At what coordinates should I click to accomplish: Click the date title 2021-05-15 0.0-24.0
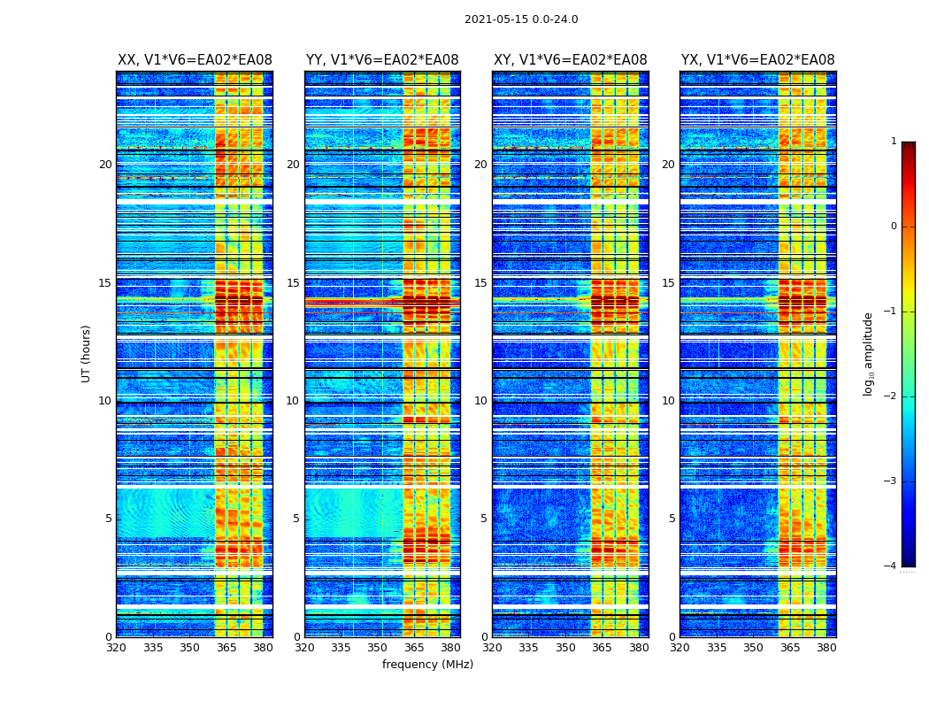coord(521,19)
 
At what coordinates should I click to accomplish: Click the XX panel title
coord(195,60)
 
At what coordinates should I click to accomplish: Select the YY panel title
coord(382,60)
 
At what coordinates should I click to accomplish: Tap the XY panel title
coord(570,60)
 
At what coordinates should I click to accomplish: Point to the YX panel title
coord(757,60)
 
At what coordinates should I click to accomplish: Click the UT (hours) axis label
coord(87,353)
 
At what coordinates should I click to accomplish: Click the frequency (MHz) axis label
coord(427,665)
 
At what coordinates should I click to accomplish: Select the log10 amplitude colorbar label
coord(869,353)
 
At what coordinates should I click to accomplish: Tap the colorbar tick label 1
coord(893,142)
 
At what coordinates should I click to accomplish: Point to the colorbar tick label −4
coord(891,566)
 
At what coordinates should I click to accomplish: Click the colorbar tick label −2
coord(891,396)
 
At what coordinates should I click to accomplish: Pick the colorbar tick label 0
coord(893,227)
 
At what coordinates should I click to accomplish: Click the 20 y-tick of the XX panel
coord(105,165)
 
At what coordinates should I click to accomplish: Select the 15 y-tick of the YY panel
coord(293,283)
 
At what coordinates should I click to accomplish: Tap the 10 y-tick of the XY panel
coord(480,401)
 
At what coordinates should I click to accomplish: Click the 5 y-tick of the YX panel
coord(672,519)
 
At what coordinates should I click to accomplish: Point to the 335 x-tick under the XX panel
coord(153,648)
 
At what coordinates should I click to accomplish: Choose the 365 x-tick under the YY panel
coord(413,648)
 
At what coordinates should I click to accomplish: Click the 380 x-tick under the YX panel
coord(826,648)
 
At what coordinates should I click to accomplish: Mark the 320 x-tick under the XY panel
coord(493,648)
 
